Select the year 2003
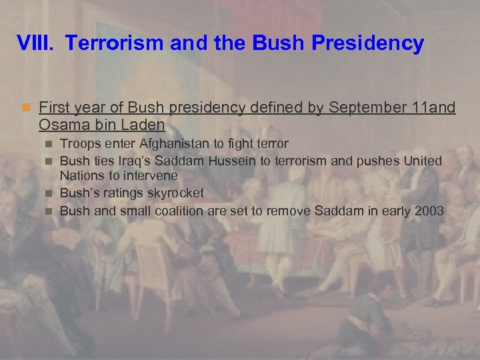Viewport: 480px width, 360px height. point(430,211)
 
